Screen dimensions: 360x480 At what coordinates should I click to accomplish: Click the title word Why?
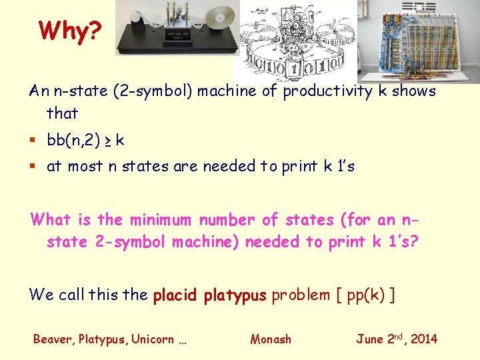coord(70,29)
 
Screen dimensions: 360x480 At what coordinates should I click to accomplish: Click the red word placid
coord(176,295)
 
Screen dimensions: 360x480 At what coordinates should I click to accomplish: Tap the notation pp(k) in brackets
coord(365,295)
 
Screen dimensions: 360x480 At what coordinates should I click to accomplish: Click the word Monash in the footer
coord(271,339)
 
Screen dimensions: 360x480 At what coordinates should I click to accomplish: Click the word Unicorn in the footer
coord(153,339)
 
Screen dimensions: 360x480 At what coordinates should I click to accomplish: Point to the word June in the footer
coord(370,339)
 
